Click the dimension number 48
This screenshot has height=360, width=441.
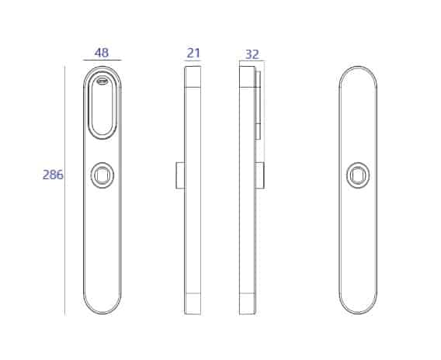pos(102,53)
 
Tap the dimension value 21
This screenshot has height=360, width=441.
pos(193,53)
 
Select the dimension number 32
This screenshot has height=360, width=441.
pos(252,54)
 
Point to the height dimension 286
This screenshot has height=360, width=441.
pos(53,175)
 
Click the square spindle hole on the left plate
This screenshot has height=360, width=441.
pos(102,175)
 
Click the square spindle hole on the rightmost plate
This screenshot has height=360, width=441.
pos(358,175)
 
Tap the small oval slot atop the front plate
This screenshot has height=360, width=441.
pos(102,81)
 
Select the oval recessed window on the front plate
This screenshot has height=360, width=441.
pos(102,107)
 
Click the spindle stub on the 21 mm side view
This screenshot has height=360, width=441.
pos(180,175)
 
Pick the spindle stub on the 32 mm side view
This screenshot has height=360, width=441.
pos(259,175)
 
